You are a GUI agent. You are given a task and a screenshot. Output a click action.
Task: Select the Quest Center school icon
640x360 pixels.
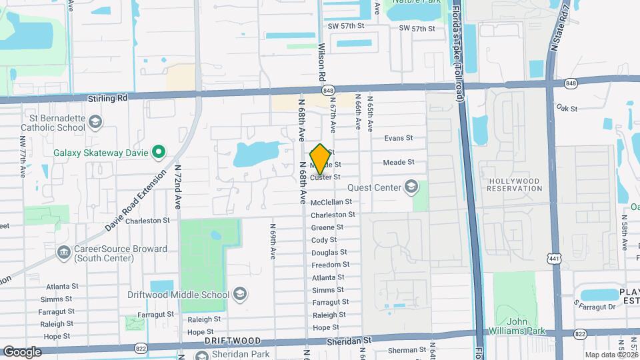pyautogui.click(x=412, y=187)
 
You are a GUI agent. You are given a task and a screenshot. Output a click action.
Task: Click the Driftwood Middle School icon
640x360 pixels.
pyautogui.click(x=240, y=294)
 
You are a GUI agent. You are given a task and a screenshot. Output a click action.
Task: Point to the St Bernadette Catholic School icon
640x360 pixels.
pyautogui.click(x=95, y=122)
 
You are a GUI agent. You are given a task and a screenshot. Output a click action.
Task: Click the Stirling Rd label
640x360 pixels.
pyautogui.click(x=107, y=97)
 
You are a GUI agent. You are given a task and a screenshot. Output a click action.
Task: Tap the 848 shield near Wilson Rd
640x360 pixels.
pyautogui.click(x=327, y=90)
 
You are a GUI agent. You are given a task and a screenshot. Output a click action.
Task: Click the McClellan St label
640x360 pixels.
pyautogui.click(x=331, y=202)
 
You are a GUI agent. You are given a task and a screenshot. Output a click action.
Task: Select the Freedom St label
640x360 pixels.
pyautogui.click(x=327, y=265)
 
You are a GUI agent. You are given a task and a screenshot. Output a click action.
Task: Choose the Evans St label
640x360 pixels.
pyautogui.click(x=399, y=139)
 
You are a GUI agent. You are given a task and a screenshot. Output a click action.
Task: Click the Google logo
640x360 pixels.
pyautogui.click(x=22, y=351)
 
